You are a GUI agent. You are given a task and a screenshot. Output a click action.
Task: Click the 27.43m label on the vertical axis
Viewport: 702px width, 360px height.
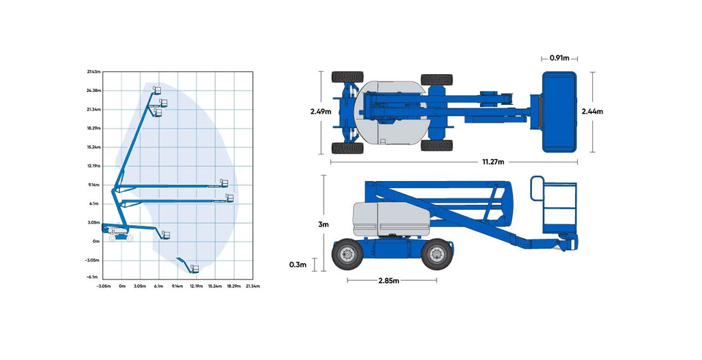[94, 72]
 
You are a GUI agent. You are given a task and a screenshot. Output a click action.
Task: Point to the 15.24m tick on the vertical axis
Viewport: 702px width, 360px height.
[94, 147]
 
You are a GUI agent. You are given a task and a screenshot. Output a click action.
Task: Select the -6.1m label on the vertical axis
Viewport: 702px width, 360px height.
[95, 277]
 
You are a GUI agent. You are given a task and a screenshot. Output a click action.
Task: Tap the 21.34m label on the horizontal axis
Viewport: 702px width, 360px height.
[253, 285]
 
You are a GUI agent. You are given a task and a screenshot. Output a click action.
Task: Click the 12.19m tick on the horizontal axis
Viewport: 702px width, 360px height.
[196, 285]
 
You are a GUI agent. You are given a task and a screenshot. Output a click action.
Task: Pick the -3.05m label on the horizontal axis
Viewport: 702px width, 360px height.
[104, 285]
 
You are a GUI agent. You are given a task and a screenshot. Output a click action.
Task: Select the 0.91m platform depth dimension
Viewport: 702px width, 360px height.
[559, 58]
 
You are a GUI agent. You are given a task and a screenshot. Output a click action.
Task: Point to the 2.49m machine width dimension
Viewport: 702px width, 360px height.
[320, 111]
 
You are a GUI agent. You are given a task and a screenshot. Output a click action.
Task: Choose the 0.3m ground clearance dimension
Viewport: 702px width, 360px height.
[298, 265]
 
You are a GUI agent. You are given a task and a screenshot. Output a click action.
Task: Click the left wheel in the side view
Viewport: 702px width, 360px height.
[347, 255]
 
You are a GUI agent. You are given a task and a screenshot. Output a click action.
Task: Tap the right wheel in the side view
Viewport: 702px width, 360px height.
[437, 255]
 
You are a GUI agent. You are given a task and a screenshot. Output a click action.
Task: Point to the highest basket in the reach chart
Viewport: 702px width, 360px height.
[157, 91]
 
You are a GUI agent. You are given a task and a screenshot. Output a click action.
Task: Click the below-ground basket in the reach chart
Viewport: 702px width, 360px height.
[194, 269]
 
